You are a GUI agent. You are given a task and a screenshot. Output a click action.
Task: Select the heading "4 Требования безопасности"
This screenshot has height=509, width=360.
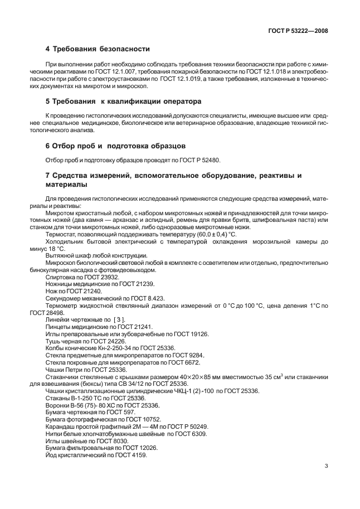tap(97, 49)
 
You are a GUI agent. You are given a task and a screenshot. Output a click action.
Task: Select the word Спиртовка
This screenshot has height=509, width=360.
tap(59, 277)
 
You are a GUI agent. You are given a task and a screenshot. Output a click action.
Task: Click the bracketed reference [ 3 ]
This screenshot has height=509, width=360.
tap(119, 320)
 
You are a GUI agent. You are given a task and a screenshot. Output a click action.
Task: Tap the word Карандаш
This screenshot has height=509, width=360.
tap(60, 426)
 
